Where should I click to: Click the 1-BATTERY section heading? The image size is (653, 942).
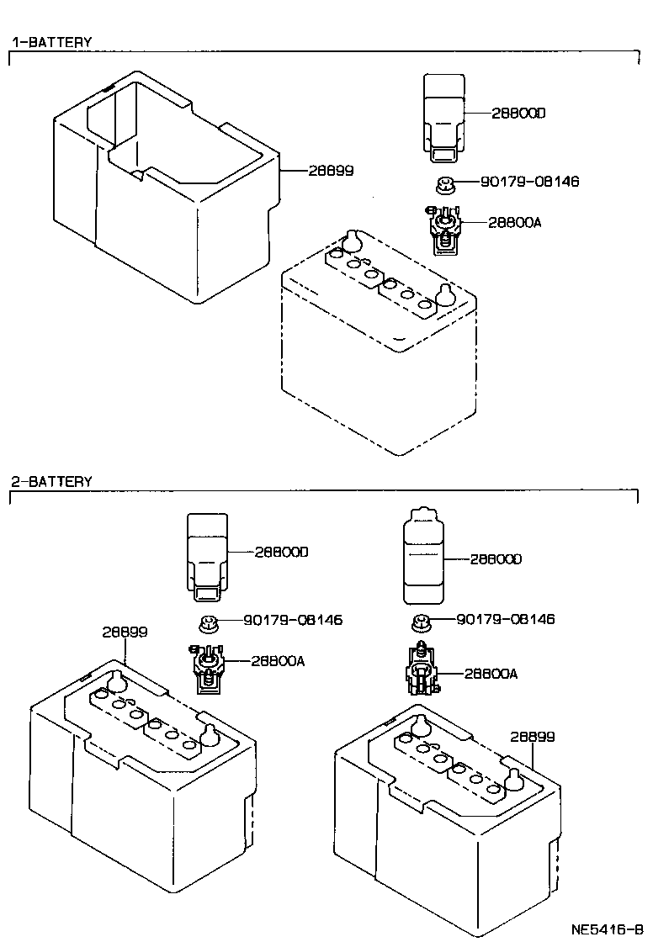[x=51, y=41]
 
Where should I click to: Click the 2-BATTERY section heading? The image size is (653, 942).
[x=51, y=482]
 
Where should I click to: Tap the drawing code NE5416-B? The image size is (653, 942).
[x=608, y=929]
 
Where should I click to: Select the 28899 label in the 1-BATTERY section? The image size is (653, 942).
[x=330, y=170]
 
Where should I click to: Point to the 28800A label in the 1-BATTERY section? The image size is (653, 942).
[x=513, y=222]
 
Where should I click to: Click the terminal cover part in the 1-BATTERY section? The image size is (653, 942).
[x=443, y=115]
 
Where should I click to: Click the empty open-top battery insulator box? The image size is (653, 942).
[x=160, y=185]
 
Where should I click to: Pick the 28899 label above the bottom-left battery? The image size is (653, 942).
[x=125, y=632]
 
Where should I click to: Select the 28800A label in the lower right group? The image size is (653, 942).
[x=491, y=674]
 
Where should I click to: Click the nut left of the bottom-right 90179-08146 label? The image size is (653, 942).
[x=422, y=622]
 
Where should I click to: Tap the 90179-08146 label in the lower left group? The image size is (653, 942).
[x=293, y=620]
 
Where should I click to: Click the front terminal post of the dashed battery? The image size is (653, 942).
[x=445, y=296]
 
